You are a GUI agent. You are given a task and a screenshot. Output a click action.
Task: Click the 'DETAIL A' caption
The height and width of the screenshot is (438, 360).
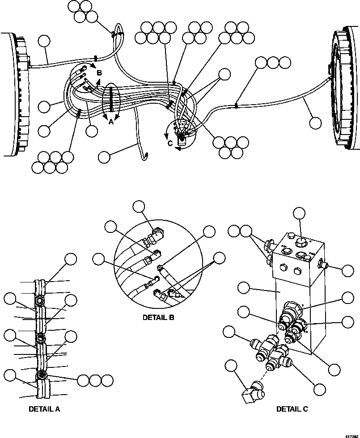(44, 409)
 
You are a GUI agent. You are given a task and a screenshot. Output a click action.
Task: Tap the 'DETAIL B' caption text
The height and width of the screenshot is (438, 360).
(158, 318)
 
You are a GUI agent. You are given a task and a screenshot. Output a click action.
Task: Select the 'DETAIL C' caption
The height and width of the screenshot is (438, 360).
(292, 409)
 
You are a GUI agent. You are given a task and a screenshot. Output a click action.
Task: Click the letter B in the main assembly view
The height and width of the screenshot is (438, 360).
(99, 72)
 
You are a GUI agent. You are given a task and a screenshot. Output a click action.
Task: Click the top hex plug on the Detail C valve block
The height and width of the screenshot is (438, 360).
(301, 242)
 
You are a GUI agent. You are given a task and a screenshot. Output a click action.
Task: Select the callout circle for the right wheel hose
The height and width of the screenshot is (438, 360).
(315, 122)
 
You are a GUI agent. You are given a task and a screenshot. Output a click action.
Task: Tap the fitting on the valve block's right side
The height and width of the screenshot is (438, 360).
(326, 267)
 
